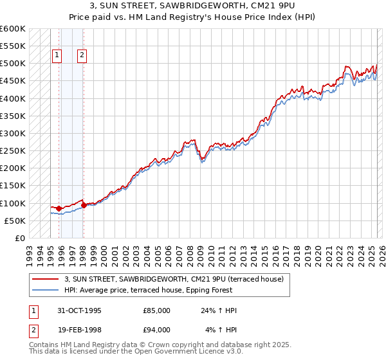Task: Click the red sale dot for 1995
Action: click(59, 208)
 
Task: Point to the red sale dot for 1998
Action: click(84, 205)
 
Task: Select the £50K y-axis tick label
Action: click(15, 221)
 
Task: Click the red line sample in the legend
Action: click(46, 279)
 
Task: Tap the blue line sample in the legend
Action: click(46, 290)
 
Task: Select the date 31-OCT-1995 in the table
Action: click(79, 310)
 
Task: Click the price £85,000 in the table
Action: click(157, 310)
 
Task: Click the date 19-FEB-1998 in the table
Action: click(79, 331)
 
